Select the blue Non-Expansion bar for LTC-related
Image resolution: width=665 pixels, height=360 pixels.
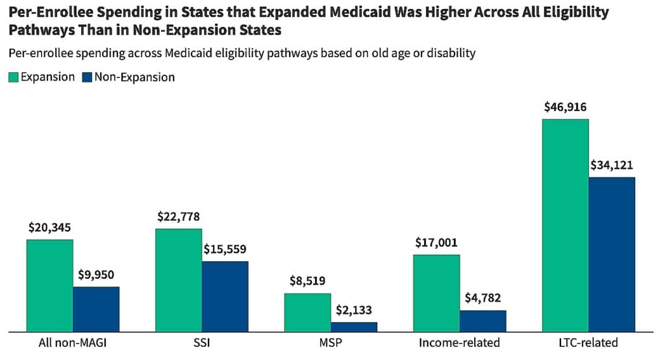click(x=611, y=254)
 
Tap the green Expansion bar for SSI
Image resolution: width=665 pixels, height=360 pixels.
click(x=179, y=280)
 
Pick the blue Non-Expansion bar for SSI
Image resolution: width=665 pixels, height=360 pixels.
click(x=225, y=296)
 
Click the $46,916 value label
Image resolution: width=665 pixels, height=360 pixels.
click(x=566, y=107)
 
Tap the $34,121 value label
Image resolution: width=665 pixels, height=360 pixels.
click(x=611, y=165)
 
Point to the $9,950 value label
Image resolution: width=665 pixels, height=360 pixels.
click(x=96, y=275)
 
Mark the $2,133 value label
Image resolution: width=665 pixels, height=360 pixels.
click(x=353, y=311)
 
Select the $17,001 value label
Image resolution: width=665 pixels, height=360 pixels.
click(x=436, y=243)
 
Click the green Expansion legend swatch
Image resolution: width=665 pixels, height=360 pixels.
click(x=13, y=77)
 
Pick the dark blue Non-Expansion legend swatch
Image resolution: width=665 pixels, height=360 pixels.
click(x=87, y=77)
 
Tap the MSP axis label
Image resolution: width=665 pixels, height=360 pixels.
click(x=331, y=343)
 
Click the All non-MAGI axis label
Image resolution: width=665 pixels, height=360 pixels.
click(x=72, y=343)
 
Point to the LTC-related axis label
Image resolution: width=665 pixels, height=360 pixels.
click(x=588, y=343)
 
